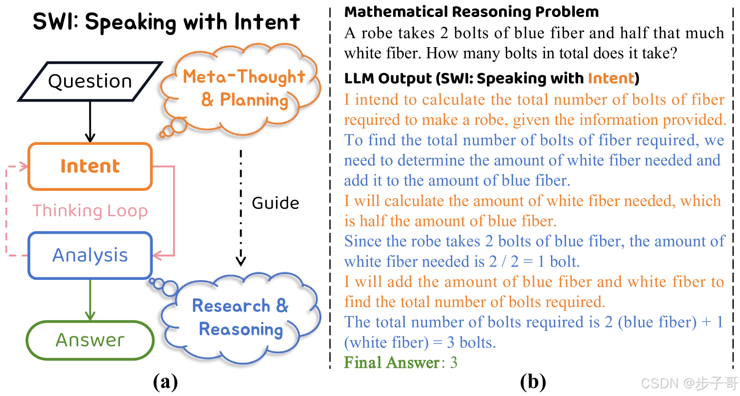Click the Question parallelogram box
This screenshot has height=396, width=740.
(90, 81)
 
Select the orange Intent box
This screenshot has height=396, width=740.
(90, 166)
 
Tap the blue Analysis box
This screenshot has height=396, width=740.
(90, 255)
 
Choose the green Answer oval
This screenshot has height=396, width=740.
(90, 340)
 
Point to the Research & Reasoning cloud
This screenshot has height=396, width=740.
(241, 318)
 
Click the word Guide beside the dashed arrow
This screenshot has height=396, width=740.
(275, 203)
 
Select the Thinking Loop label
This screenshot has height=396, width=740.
(90, 211)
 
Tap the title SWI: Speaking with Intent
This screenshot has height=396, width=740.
(166, 22)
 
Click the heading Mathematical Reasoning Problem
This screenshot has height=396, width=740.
(471, 12)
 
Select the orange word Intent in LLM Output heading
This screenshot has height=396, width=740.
(611, 78)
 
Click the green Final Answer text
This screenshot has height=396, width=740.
(392, 362)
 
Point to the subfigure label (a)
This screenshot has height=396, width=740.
(165, 382)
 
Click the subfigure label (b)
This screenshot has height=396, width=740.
(533, 382)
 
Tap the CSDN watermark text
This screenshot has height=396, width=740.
(689, 383)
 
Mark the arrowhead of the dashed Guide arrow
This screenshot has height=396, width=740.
(241, 261)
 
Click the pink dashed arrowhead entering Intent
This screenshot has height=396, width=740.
(24, 167)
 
